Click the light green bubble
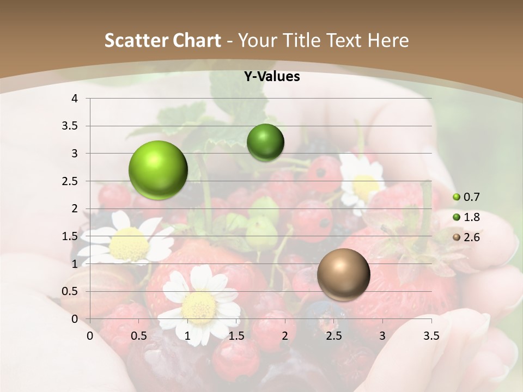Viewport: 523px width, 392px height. point(158,170)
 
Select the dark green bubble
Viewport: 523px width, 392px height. point(265,143)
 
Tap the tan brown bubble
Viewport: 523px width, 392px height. point(343,274)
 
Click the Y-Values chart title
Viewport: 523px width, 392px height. point(271,77)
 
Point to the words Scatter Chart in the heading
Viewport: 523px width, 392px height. point(162,40)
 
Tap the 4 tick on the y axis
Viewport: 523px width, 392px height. point(74,99)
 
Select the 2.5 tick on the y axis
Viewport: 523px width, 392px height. point(71,181)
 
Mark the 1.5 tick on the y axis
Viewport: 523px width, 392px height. point(71,236)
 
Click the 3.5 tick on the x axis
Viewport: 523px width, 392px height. point(431,336)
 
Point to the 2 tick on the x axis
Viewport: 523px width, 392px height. point(285,336)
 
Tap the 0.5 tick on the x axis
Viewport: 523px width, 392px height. point(139,336)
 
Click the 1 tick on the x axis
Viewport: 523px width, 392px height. point(187,336)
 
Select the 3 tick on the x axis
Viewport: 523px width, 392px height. point(382,336)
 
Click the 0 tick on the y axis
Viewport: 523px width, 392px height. point(74,319)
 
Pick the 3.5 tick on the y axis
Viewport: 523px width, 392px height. point(71,126)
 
